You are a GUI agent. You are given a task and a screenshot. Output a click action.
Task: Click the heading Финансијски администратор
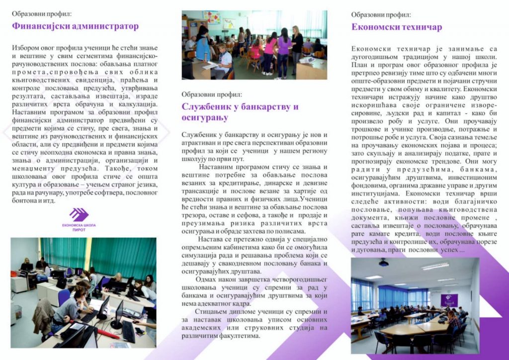point(75,26)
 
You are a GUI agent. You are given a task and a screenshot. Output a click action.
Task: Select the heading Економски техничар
point(396,27)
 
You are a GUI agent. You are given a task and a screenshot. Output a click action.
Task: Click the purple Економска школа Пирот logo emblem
point(79,215)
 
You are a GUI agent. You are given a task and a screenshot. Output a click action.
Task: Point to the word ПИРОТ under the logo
point(79,230)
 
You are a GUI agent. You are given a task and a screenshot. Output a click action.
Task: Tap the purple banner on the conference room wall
point(449,300)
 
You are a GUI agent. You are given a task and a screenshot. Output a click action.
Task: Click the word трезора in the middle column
point(194,215)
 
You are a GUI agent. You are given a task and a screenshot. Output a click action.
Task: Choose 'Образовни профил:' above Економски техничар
point(381,15)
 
